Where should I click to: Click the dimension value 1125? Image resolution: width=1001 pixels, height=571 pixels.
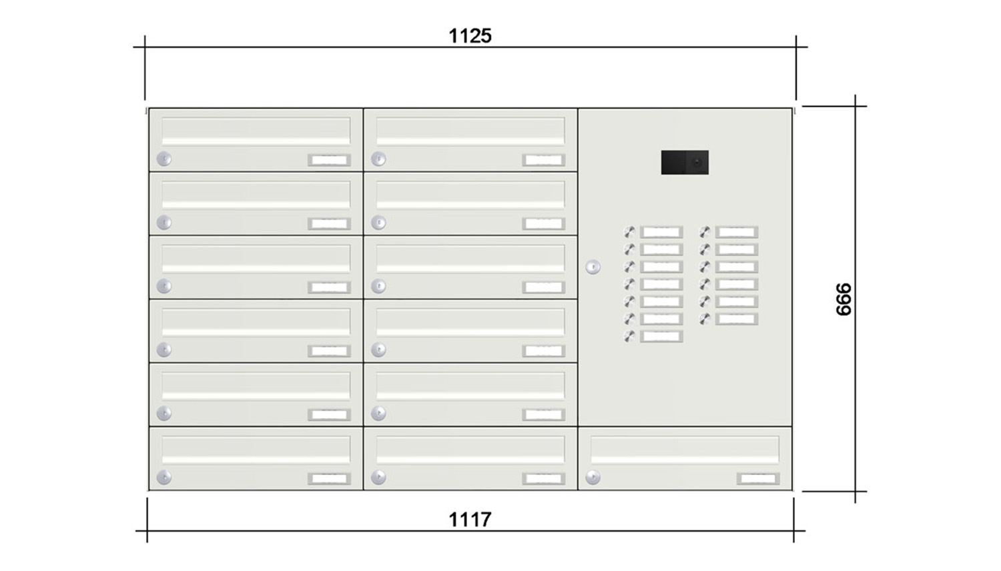[x=470, y=35]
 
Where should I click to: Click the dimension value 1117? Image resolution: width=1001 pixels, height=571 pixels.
[x=470, y=519]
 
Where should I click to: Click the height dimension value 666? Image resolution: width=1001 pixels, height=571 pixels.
[x=844, y=299]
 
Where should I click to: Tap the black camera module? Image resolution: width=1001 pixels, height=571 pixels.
[x=685, y=163]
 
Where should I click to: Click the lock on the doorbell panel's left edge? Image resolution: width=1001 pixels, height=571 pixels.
[x=593, y=267]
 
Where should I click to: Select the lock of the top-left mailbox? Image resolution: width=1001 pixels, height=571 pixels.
[x=164, y=159]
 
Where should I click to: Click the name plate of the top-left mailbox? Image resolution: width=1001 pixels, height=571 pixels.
[x=329, y=160]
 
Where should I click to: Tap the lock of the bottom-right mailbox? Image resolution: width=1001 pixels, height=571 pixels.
[x=593, y=477]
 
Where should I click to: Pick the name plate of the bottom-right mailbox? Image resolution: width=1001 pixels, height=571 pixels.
[x=758, y=478]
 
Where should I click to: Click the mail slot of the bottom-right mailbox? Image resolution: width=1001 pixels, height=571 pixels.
[x=685, y=450]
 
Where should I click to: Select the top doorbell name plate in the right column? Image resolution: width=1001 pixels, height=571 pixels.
[x=737, y=232]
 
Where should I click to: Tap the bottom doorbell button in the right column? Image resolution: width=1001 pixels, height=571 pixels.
[x=705, y=319]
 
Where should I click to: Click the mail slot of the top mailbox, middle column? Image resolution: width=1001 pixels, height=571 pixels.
[x=470, y=131]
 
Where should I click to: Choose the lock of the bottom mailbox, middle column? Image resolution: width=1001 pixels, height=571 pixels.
[x=378, y=477]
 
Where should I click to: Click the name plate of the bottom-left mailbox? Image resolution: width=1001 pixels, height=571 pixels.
[x=329, y=478]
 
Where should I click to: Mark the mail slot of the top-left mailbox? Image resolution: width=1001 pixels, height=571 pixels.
[x=256, y=131]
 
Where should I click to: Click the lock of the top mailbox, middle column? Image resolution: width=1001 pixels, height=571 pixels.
[x=378, y=159]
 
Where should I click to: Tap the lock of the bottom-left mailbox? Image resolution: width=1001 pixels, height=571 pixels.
[x=164, y=477]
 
